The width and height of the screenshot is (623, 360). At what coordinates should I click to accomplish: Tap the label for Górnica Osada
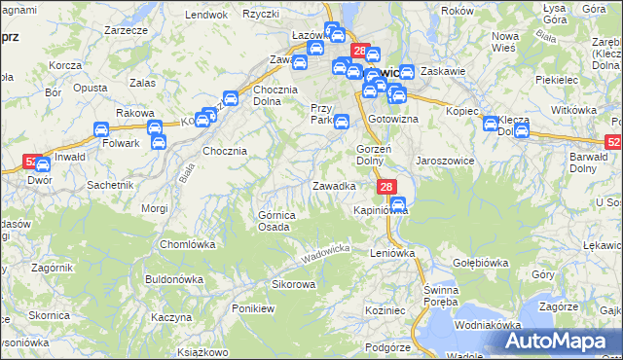(274, 221)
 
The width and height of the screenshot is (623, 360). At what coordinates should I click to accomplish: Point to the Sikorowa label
(293, 284)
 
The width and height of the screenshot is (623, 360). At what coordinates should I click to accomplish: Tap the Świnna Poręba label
(448, 297)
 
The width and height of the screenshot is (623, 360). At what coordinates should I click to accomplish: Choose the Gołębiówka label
(482, 263)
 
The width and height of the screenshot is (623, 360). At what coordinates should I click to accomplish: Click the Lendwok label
(205, 15)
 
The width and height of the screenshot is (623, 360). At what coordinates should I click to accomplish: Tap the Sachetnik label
(110, 184)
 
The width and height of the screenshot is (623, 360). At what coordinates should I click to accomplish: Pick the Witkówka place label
(573, 111)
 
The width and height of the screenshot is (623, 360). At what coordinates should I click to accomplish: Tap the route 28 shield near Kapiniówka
(386, 187)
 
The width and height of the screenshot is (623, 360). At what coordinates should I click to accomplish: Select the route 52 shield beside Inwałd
(30, 163)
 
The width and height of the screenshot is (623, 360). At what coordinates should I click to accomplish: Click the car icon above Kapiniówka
(397, 203)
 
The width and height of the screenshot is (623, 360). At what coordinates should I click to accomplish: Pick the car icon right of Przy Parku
(342, 122)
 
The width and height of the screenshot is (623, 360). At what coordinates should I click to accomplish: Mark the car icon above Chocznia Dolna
(231, 98)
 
